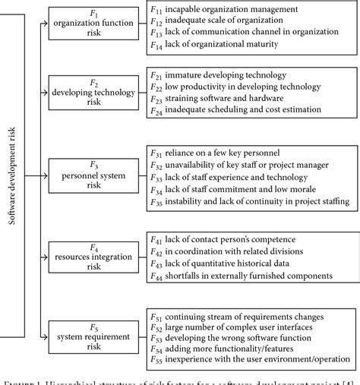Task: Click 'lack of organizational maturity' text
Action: coord(228,46)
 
